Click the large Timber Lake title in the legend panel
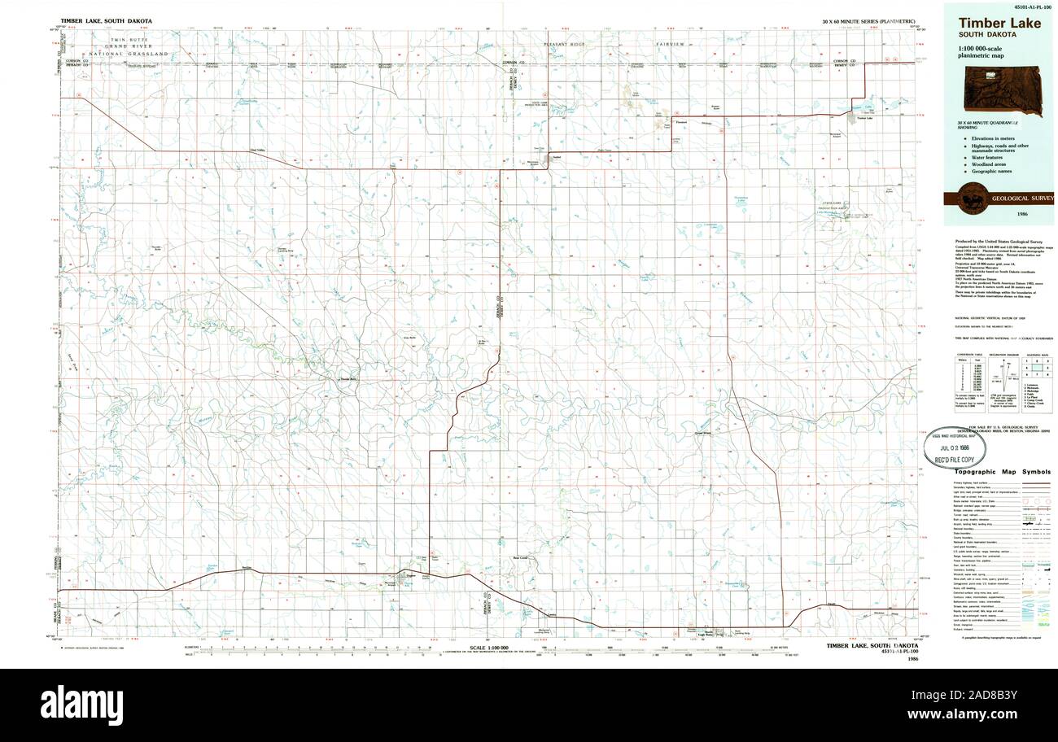tap(998, 24)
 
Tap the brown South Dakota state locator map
tap(999, 89)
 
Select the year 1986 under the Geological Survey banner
tap(1022, 213)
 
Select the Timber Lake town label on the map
tap(864, 119)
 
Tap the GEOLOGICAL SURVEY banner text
tap(1021, 198)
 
